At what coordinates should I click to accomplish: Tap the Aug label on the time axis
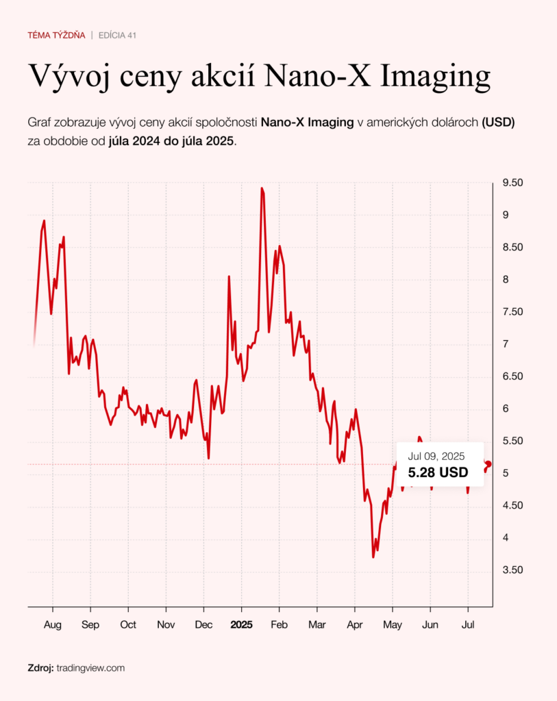click(52, 625)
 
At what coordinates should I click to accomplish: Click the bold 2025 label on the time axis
click(241, 625)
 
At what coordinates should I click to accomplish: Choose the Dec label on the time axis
click(203, 625)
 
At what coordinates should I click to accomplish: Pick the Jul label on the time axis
click(468, 625)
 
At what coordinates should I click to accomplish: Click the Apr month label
click(355, 625)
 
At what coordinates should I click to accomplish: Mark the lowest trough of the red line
click(373, 557)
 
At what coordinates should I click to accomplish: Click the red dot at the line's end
click(488, 465)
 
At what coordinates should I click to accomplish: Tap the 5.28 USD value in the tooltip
click(438, 472)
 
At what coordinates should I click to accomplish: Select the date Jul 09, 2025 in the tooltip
click(436, 456)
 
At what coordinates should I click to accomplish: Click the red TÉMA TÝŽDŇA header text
click(56, 35)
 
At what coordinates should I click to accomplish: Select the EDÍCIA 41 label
click(118, 35)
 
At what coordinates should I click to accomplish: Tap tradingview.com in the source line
click(90, 667)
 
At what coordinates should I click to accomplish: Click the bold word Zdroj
click(40, 667)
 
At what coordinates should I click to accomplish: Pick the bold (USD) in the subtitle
click(498, 123)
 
